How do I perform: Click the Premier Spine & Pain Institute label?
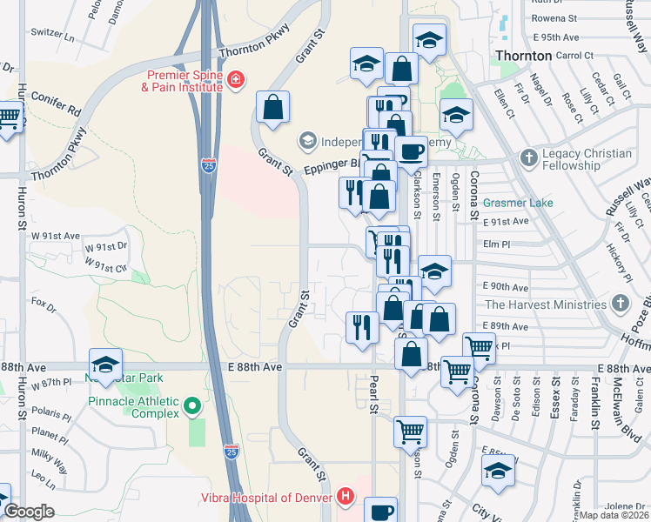[x=180, y=82]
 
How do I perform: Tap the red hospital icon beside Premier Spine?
[x=234, y=82]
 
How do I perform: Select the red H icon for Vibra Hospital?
[x=346, y=498]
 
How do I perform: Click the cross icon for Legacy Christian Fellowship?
[x=527, y=158]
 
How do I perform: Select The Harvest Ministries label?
[x=546, y=304]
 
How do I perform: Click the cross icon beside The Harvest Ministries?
[x=620, y=304]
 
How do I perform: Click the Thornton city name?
[x=522, y=56]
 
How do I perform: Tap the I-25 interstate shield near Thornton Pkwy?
[x=207, y=164]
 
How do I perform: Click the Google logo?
[x=28, y=512]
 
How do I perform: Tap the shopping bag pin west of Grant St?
[x=273, y=107]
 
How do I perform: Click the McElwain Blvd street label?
[x=621, y=401]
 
